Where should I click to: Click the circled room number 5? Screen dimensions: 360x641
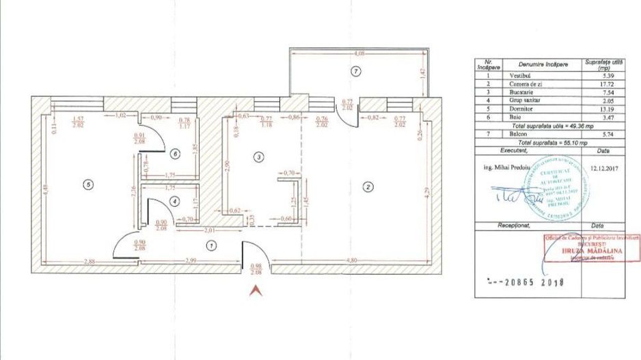(86, 183)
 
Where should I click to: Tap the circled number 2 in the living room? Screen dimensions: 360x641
(367, 186)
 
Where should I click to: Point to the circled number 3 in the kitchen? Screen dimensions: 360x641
(258, 157)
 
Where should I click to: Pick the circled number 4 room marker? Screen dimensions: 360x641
(175, 201)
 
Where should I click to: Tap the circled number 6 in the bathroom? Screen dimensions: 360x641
(176, 153)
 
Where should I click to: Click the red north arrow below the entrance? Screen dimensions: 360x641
(256, 291)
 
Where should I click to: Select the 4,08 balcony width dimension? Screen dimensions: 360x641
(357, 53)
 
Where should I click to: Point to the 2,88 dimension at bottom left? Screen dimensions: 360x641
(88, 261)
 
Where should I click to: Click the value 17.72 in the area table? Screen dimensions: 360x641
(603, 83)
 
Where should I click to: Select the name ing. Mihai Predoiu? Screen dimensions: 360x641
(500, 165)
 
